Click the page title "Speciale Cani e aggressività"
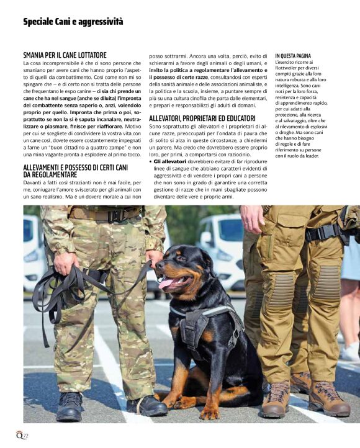73,22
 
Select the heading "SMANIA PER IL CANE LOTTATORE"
65,55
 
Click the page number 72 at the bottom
25,436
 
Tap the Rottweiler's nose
160,264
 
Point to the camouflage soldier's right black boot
70,406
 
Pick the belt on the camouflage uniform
106,215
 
